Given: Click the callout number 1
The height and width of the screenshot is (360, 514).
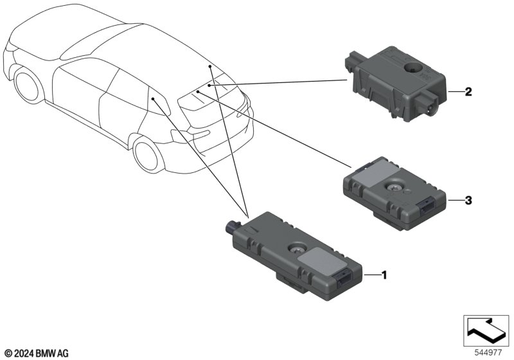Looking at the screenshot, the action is click(x=384, y=275).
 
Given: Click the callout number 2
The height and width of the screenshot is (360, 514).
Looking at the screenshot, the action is click(x=468, y=92).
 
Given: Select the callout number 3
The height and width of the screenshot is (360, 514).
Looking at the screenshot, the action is click(x=468, y=200).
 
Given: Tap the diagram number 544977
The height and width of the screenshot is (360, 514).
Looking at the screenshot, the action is click(x=488, y=353).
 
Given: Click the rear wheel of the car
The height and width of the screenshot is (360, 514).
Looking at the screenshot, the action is click(x=148, y=155).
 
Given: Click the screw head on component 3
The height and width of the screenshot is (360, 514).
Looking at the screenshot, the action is click(x=393, y=187).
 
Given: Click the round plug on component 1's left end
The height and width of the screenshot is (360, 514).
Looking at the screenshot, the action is click(x=233, y=226).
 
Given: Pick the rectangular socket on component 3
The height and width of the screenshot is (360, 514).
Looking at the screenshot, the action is click(x=426, y=206).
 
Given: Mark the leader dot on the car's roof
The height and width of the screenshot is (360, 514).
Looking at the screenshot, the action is click(x=210, y=66).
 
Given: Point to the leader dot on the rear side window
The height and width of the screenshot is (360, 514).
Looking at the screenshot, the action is click(x=153, y=98).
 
